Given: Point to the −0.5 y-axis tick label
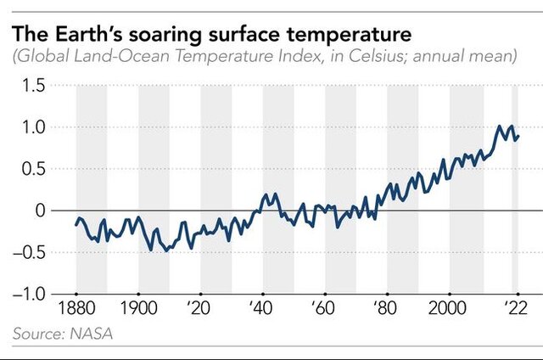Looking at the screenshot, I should [31, 252].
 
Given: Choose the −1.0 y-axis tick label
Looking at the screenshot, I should [31, 294].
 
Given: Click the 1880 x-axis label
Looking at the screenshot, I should [76, 307].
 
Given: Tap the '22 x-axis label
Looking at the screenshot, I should [513, 307].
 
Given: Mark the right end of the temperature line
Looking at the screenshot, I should [518, 136].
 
